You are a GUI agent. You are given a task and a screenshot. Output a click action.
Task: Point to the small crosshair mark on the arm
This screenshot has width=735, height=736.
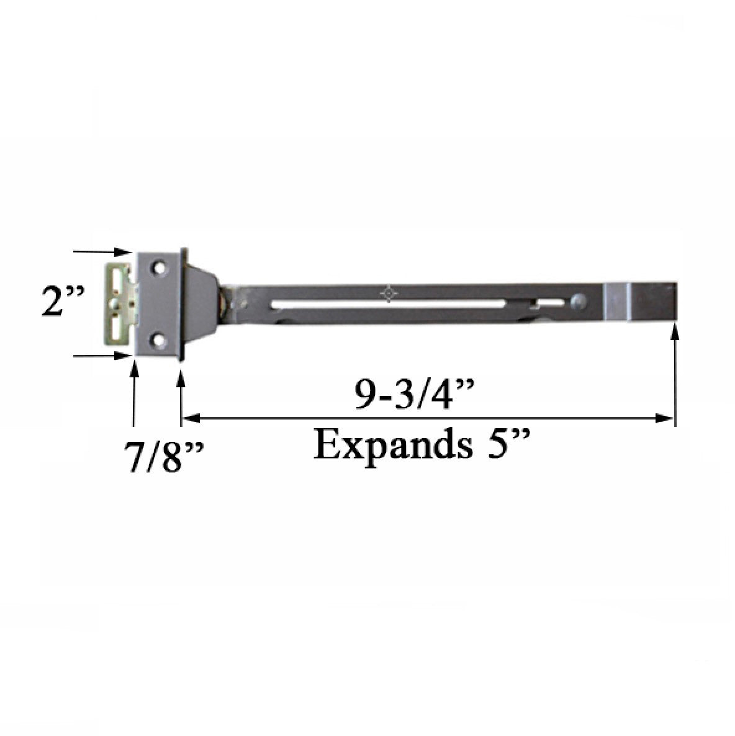tap(389, 293)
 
